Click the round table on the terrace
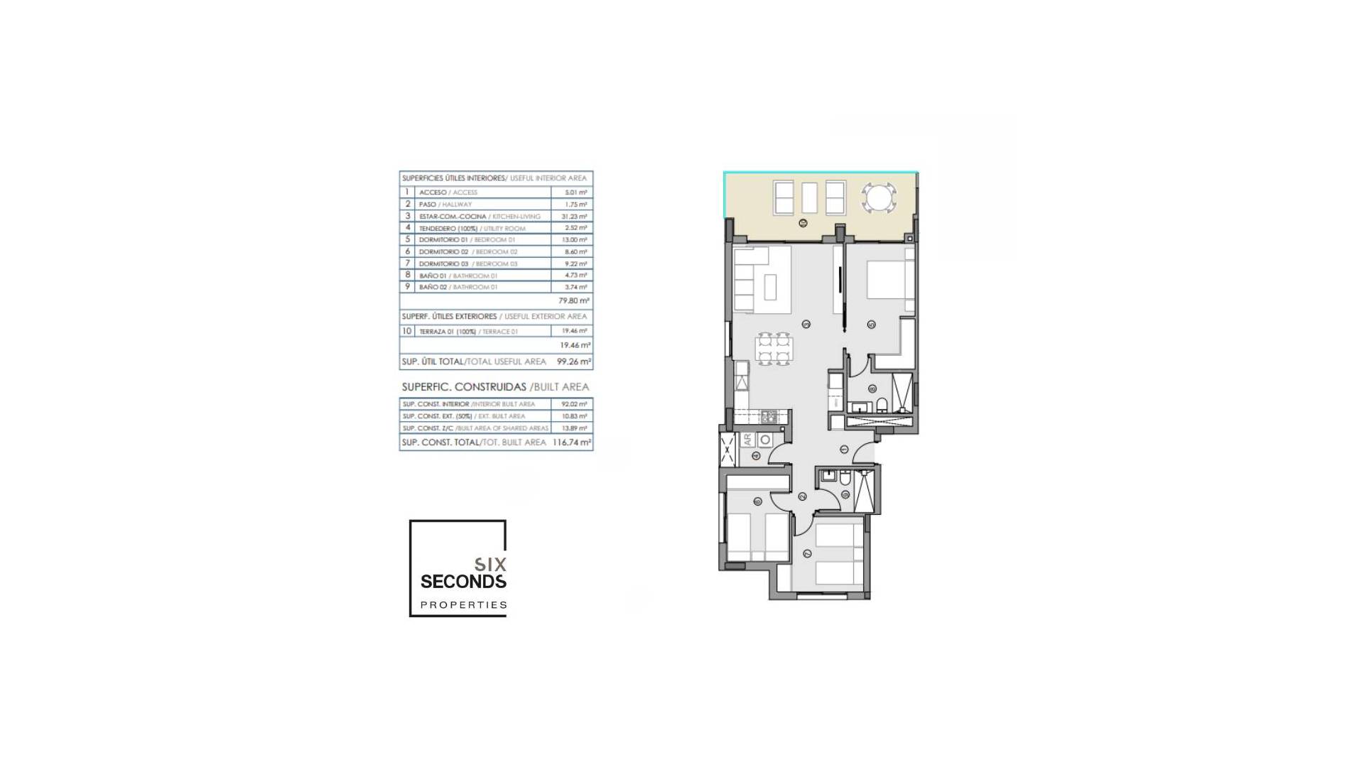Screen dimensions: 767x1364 (x=879, y=197)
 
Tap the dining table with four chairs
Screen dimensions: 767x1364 (x=773, y=349)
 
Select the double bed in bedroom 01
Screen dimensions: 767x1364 (x=889, y=278)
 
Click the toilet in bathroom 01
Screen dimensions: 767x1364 (x=883, y=406)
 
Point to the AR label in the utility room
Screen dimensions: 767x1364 (x=747, y=440)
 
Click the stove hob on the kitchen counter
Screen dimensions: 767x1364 (x=768, y=418)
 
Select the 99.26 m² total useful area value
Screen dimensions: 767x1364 (x=573, y=361)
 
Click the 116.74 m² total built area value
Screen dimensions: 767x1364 (x=572, y=442)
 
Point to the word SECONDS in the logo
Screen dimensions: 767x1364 (x=463, y=582)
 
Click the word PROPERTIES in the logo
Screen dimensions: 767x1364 (x=463, y=605)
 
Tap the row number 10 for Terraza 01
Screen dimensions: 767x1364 (x=407, y=331)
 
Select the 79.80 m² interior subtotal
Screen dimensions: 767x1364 (x=573, y=301)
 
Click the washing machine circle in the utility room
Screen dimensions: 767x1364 (x=765, y=440)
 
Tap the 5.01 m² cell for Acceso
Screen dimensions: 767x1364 (x=575, y=192)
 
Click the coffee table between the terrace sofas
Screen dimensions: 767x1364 (x=809, y=197)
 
